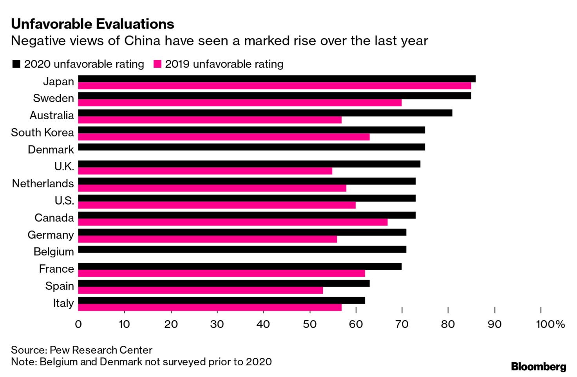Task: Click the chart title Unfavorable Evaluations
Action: (92, 24)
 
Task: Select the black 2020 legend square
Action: (16, 64)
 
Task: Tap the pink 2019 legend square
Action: (157, 64)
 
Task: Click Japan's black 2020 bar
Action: (277, 79)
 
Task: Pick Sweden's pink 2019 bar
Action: (240, 103)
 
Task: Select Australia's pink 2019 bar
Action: (210, 120)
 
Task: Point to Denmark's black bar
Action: (251, 147)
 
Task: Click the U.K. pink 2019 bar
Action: (205, 171)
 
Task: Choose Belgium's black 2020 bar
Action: (242, 250)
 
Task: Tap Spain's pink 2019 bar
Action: (200, 290)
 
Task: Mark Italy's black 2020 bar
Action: (221, 300)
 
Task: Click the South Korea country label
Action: (42, 133)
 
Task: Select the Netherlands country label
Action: (43, 183)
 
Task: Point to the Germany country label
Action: (51, 235)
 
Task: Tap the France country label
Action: (56, 269)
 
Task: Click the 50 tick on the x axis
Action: (309, 324)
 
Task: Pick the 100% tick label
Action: (550, 324)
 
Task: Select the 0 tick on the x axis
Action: (78, 324)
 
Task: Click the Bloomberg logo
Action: (539, 367)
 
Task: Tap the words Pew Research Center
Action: (101, 350)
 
